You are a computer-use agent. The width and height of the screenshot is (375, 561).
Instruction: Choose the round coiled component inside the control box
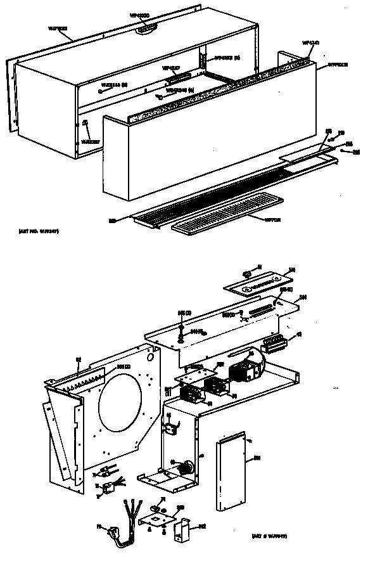(186, 468)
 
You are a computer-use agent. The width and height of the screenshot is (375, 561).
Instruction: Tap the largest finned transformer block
(244, 370)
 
